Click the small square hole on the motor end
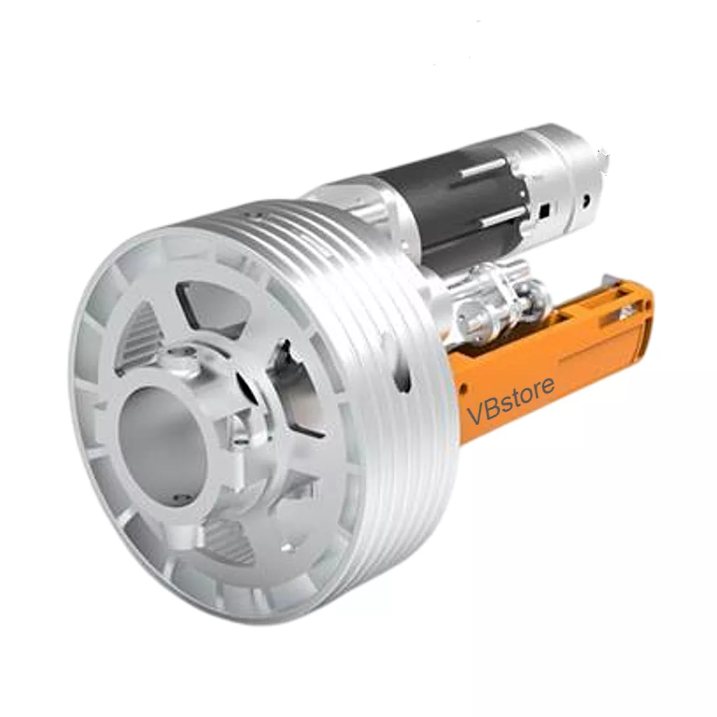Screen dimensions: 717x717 [544, 210]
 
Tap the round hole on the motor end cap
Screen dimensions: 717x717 [586, 201]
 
